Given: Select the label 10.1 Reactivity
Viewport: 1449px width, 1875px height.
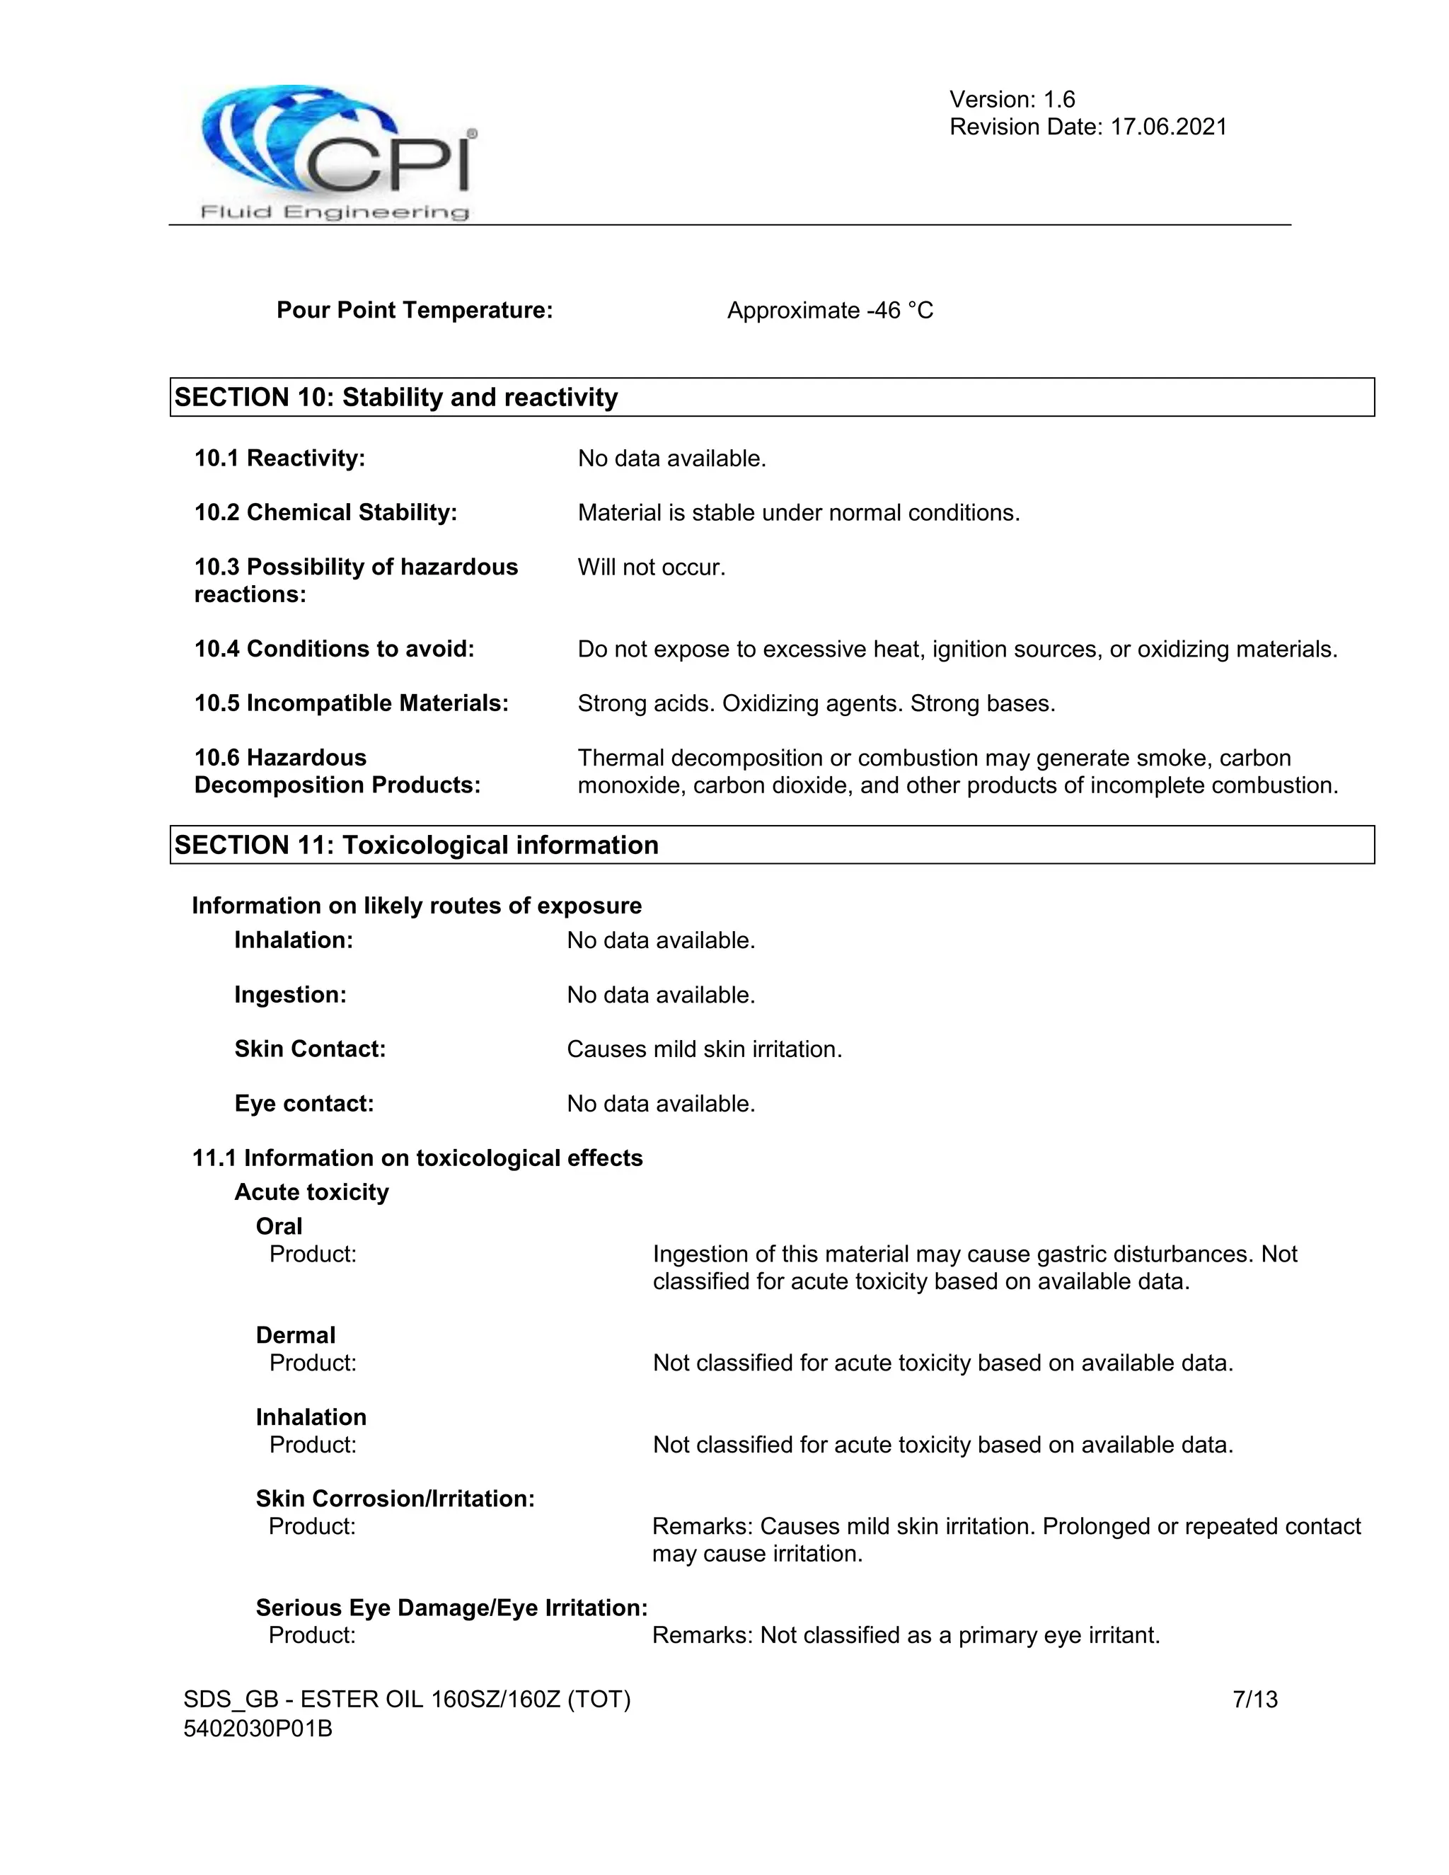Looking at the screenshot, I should [280, 458].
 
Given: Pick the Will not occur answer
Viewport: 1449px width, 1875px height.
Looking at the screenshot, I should [651, 567].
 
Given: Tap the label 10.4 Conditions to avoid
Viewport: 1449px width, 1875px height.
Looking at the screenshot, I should [334, 648].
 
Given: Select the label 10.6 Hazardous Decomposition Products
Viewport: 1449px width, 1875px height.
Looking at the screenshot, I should [337, 771].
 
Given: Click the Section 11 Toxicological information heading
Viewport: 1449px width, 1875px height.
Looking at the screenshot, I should [416, 845].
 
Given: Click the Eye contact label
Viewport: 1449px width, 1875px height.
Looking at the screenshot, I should [304, 1103].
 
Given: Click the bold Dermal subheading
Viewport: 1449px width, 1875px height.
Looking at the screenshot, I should [295, 1335].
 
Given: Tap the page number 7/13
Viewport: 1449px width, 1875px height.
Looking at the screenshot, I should [1254, 1699].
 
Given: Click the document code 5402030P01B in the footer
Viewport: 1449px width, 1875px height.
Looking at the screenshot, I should [258, 1729].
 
